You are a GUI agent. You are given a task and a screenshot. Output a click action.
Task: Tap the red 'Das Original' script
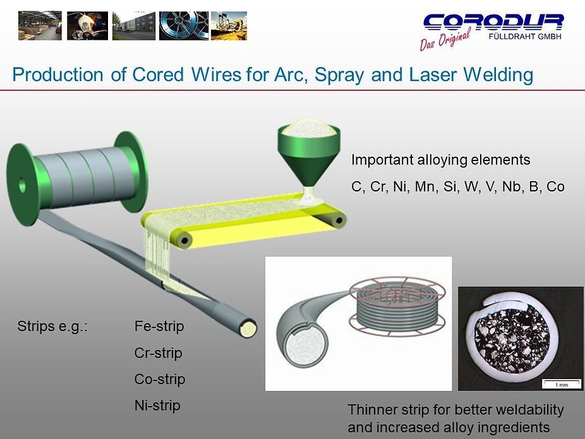point(445,40)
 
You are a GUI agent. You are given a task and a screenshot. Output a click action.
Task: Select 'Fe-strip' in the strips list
point(159,327)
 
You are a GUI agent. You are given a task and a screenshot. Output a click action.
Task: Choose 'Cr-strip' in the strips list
point(158,353)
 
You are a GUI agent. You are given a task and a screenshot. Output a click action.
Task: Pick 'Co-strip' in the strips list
point(159,379)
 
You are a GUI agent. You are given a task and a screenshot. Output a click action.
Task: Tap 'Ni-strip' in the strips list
point(157,406)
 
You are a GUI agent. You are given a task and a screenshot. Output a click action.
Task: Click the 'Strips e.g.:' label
point(52,327)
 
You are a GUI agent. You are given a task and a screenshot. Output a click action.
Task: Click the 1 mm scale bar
point(561,383)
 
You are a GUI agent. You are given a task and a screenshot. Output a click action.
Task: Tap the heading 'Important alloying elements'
point(440,160)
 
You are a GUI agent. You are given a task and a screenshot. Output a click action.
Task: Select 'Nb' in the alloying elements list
point(511,187)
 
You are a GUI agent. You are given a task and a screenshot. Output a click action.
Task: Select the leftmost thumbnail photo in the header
point(40,25)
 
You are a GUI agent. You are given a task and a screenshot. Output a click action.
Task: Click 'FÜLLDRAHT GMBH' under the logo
point(525,35)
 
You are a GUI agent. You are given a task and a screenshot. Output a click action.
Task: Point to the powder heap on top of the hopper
point(309,130)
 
